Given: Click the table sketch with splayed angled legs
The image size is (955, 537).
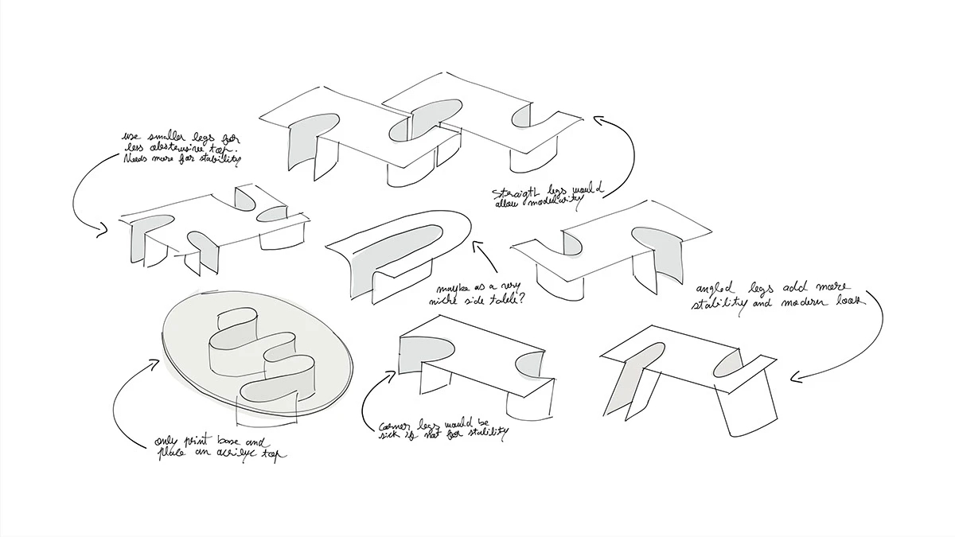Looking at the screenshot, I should point(684,366).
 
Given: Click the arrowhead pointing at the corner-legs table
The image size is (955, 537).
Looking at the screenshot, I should point(391,372).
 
